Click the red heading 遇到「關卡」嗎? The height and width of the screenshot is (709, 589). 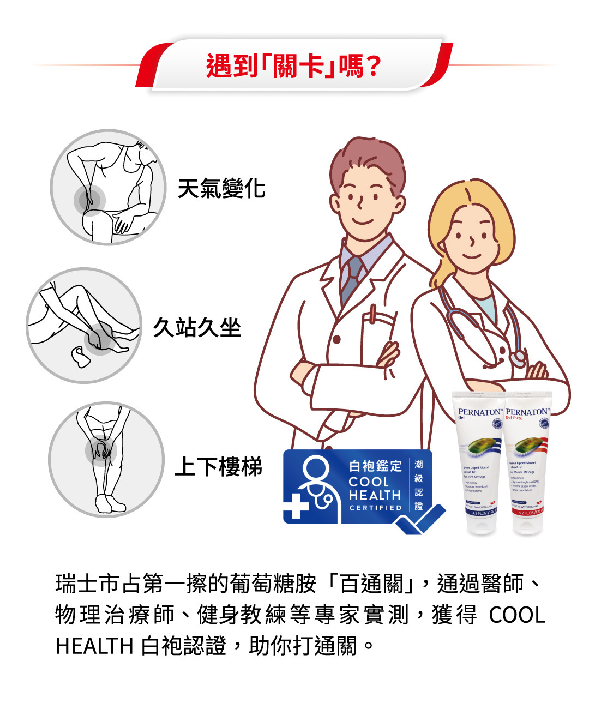(x=293, y=67)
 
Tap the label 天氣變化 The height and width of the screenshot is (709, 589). (x=221, y=189)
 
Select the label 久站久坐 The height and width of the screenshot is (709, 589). (x=197, y=328)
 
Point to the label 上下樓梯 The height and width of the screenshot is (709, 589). (x=218, y=467)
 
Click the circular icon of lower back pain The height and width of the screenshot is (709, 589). (x=108, y=187)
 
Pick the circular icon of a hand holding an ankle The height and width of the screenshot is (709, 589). (x=83, y=326)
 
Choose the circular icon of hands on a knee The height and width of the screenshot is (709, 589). (x=106, y=460)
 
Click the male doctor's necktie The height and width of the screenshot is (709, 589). (x=352, y=278)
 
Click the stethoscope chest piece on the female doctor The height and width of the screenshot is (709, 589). (x=517, y=358)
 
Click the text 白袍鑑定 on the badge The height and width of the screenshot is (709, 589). (x=375, y=466)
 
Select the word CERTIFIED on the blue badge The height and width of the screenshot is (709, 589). (x=375, y=508)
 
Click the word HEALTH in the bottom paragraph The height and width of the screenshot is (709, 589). (x=94, y=646)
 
